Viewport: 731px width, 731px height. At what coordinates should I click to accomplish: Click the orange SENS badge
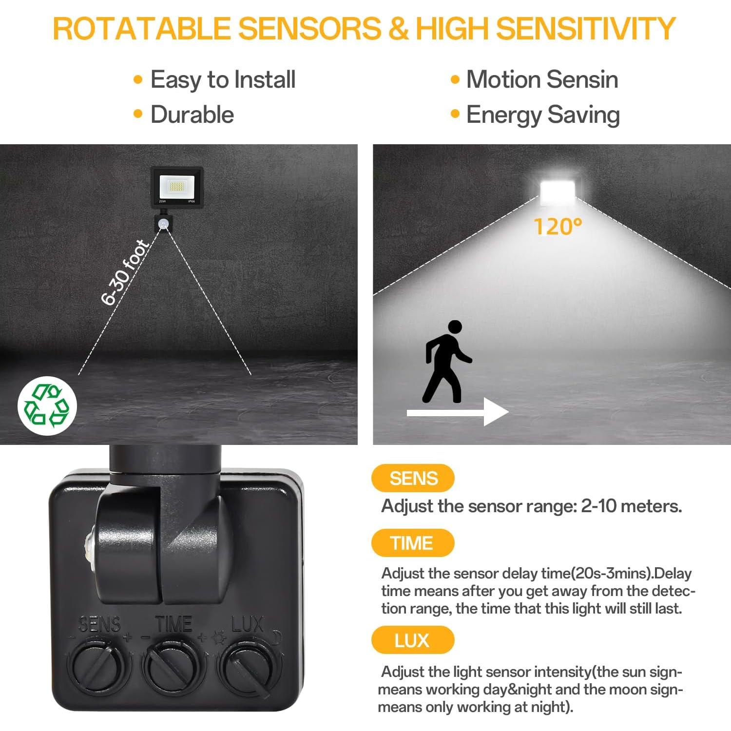[413, 478]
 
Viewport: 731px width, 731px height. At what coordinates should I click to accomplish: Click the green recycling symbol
[47, 405]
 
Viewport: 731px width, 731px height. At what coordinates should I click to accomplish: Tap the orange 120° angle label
[558, 227]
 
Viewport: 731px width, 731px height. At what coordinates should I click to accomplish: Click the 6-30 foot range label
[125, 272]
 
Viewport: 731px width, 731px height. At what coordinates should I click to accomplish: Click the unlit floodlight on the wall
[176, 186]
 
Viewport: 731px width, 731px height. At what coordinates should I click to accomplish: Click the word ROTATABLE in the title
[141, 28]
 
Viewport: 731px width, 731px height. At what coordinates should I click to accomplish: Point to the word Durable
[192, 115]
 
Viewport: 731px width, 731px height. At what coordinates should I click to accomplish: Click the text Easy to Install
[223, 79]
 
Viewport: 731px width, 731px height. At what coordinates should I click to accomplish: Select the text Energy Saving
[542, 115]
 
